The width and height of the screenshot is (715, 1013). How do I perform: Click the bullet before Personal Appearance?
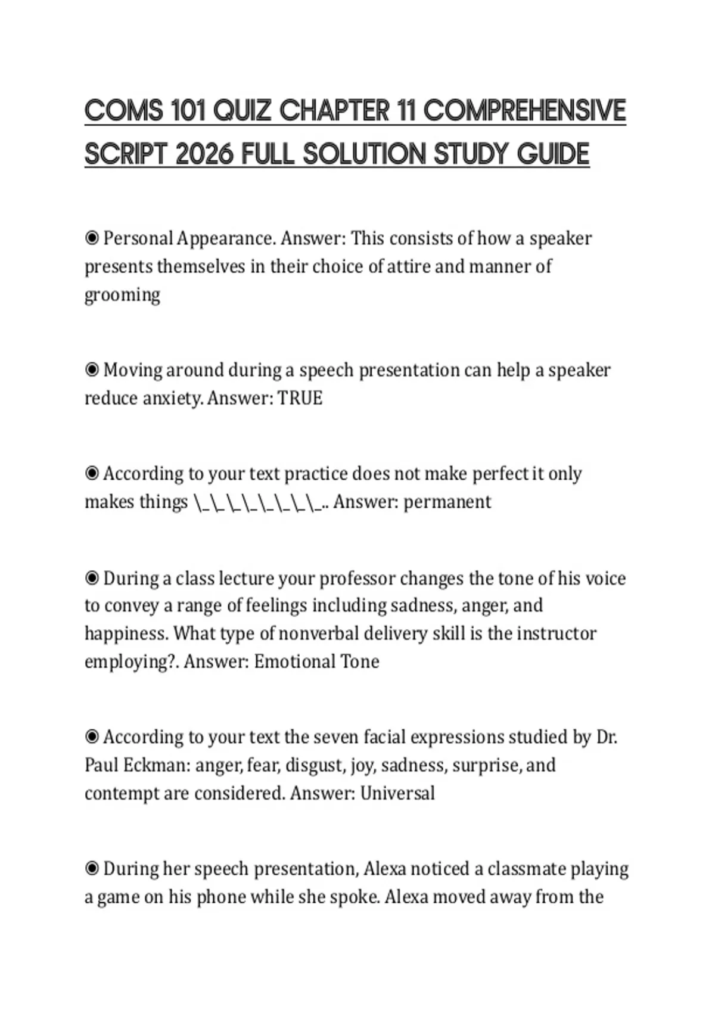[92, 238]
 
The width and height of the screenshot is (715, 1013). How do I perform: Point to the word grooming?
[122, 295]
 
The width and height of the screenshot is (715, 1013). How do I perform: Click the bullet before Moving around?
[92, 370]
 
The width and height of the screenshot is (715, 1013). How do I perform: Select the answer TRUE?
[300, 398]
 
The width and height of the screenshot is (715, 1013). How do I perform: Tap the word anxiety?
[172, 398]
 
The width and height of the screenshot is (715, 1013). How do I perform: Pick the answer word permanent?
[447, 502]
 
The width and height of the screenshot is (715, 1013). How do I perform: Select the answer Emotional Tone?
[316, 662]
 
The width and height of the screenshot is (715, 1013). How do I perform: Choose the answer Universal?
[397, 794]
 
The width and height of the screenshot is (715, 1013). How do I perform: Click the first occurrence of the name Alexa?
[384, 869]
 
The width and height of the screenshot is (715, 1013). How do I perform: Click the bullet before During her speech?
[92, 869]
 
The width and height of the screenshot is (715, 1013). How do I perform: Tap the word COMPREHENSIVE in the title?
[525, 111]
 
